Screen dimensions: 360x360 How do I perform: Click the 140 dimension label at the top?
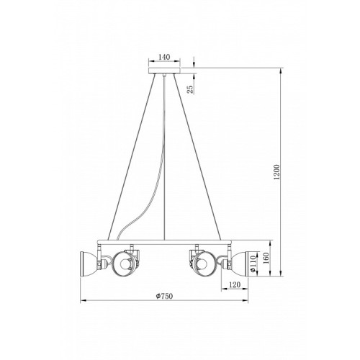pyautogui.click(x=164, y=57)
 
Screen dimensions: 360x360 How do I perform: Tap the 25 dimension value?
pyautogui.click(x=190, y=89)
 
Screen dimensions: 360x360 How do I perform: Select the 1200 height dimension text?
pyautogui.click(x=277, y=172)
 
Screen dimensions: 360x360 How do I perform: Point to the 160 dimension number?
pyautogui.click(x=265, y=258)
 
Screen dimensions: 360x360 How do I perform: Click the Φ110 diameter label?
pyautogui.click(x=253, y=264)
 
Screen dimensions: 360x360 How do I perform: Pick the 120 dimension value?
pyautogui.click(x=235, y=284)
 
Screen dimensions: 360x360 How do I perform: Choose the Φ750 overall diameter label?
pyautogui.click(x=164, y=296)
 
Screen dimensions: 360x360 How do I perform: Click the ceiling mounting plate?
pyautogui.click(x=164, y=71)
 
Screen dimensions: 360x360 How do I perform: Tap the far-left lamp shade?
pyautogui.click(x=89, y=264)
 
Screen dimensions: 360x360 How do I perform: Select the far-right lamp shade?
pyautogui.click(x=240, y=264)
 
